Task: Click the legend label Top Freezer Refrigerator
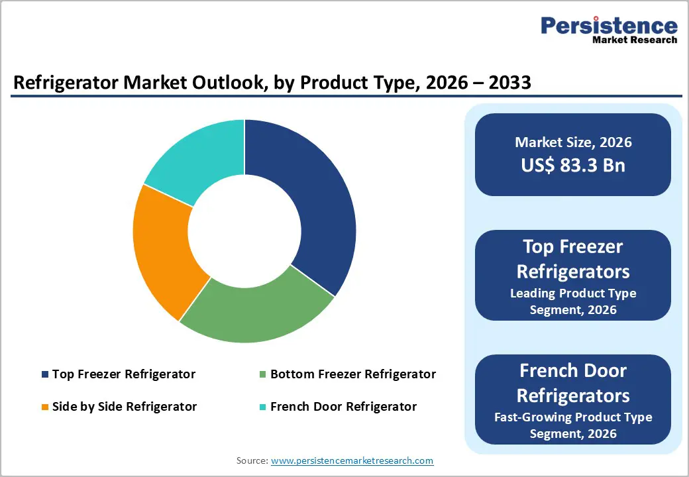point(124,374)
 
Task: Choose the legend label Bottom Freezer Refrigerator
point(353,374)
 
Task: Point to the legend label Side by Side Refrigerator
point(125,406)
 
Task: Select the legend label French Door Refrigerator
point(344,406)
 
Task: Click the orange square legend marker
point(45,407)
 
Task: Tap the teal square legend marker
point(263,407)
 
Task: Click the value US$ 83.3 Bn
point(573,165)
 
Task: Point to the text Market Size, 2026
point(573,142)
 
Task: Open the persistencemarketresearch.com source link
point(352,460)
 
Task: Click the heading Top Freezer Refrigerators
point(573,258)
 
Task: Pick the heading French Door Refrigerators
point(573,382)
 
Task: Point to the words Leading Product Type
point(573,293)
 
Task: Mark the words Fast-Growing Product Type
point(573,417)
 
